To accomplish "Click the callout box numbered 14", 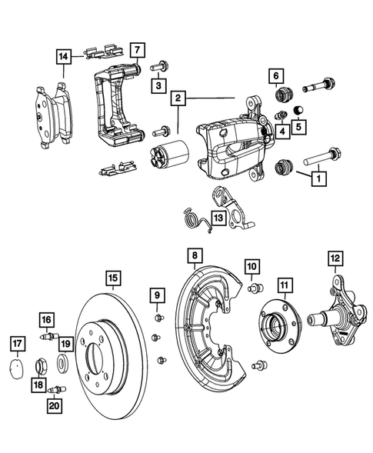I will point(63,56).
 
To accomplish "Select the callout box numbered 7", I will point(136,52).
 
